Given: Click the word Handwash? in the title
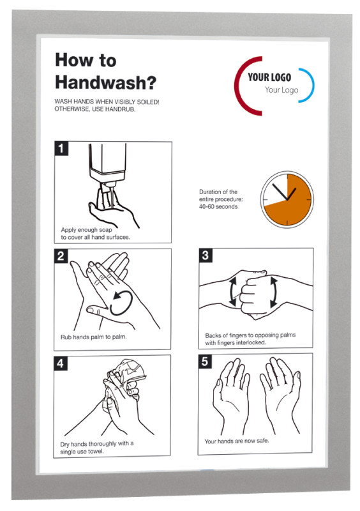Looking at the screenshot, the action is (x=105, y=82).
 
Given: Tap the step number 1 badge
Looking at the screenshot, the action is (x=61, y=148).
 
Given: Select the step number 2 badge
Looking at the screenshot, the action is (x=61, y=256).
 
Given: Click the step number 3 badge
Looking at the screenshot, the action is (x=206, y=255).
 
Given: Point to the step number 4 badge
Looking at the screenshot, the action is (x=61, y=363).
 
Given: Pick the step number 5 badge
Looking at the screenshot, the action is (x=205, y=361).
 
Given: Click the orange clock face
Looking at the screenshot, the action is (x=287, y=199).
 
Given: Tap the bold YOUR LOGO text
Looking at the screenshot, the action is (x=269, y=77).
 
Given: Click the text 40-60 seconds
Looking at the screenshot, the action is (x=218, y=206).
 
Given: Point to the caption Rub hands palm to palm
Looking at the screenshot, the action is (x=93, y=337).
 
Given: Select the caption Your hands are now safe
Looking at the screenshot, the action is (x=237, y=441).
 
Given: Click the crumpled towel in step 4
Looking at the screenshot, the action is (x=126, y=375).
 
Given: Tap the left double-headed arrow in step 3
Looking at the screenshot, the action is (x=232, y=292).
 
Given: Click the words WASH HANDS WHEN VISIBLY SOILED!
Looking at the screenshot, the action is (x=107, y=102).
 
